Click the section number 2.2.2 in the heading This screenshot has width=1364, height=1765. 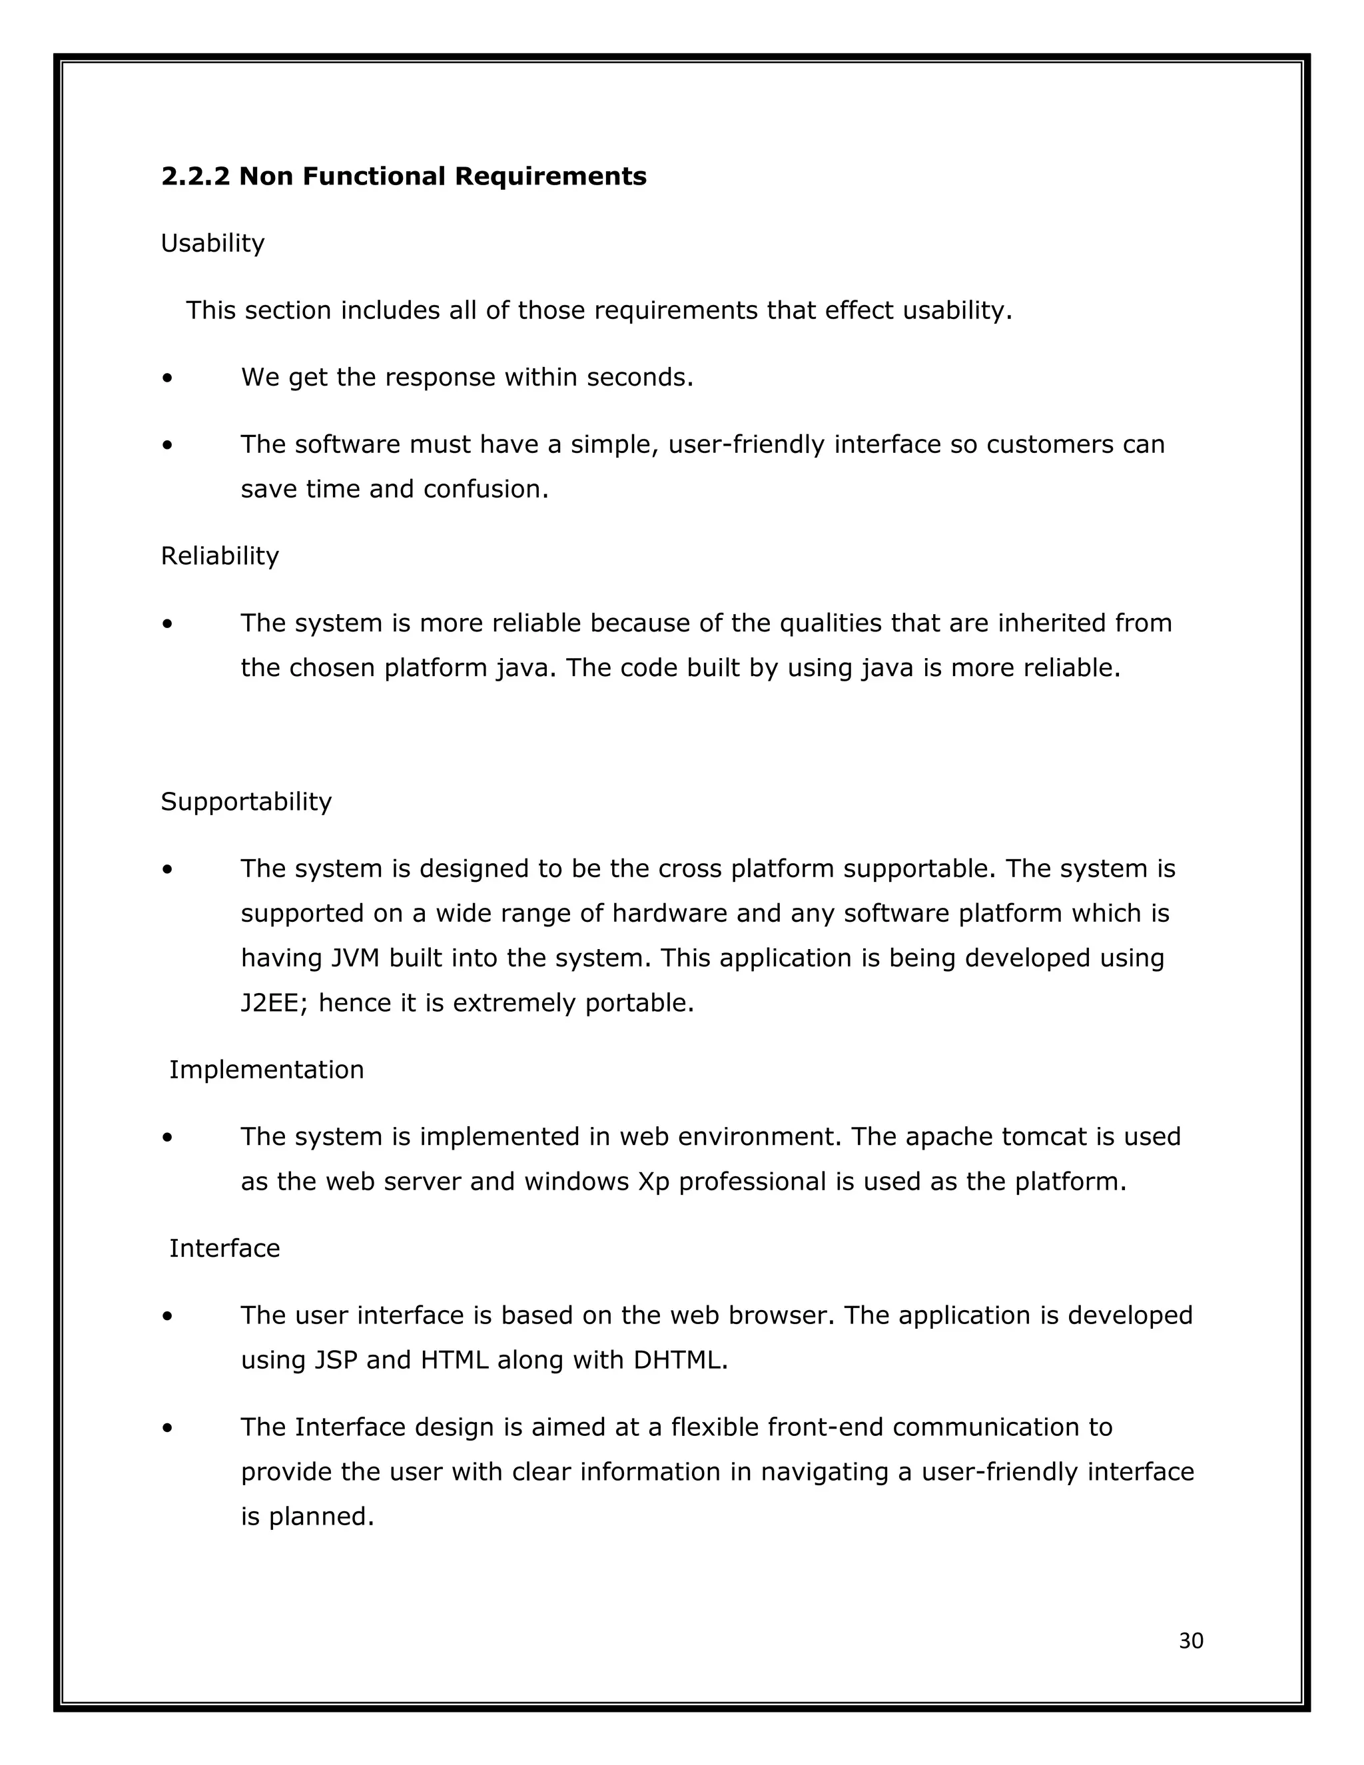[196, 176]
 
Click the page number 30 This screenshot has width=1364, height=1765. [1191, 1641]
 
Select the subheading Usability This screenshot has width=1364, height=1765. [212, 243]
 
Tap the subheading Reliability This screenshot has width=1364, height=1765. [220, 556]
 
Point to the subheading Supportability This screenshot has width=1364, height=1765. [246, 802]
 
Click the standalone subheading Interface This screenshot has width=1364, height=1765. [224, 1249]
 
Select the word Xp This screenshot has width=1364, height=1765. [654, 1182]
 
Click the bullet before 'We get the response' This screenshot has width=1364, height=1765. [167, 378]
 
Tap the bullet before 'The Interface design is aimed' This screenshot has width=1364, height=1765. [167, 1428]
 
